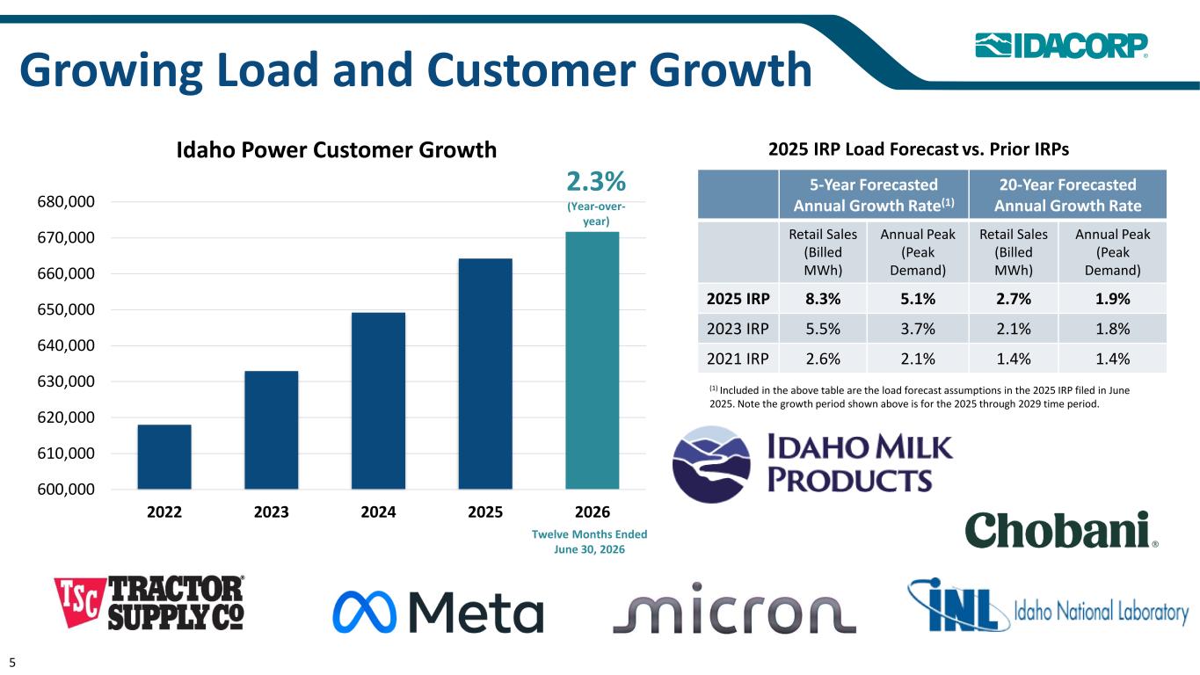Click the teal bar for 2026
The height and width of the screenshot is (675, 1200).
click(592, 360)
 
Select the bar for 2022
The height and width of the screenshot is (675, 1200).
click(164, 457)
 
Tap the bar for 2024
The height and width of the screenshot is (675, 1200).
click(378, 401)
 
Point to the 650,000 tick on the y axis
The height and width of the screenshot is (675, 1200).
click(66, 309)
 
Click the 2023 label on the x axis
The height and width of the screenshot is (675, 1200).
click(271, 512)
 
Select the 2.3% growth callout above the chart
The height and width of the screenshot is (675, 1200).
click(596, 182)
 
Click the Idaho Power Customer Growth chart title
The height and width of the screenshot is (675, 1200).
click(337, 150)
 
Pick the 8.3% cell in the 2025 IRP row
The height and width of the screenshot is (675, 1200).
click(823, 299)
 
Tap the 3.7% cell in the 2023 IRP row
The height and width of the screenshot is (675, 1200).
click(918, 329)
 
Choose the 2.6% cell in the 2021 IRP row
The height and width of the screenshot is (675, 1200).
click(823, 359)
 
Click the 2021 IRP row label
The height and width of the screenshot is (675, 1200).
click(738, 359)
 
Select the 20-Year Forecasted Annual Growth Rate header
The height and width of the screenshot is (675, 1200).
click(1067, 195)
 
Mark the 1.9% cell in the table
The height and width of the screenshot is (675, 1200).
click(1113, 299)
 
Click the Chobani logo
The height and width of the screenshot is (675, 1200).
click(1061, 530)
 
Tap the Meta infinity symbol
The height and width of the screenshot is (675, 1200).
click(364, 613)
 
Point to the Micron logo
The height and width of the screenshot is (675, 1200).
click(734, 608)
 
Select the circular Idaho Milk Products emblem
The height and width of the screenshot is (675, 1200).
click(711, 464)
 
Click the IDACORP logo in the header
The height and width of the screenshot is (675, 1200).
click(1061, 46)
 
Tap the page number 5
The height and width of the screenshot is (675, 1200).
click(12, 663)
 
